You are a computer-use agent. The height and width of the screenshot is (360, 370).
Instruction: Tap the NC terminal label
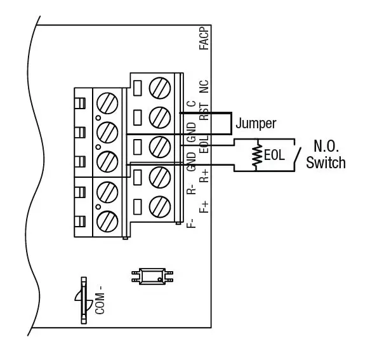tap(204, 87)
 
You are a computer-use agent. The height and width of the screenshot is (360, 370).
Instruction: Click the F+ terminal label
tap(204, 206)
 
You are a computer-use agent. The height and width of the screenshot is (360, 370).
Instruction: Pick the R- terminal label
tap(191, 191)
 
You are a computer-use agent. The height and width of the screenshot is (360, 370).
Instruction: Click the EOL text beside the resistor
tap(274, 155)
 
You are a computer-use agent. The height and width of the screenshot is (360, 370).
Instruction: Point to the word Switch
tap(326, 163)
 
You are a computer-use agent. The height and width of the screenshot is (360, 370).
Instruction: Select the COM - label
tap(99, 300)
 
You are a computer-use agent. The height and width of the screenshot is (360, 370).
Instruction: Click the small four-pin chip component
tap(152, 276)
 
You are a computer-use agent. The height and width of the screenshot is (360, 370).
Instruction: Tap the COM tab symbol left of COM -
tap(83, 300)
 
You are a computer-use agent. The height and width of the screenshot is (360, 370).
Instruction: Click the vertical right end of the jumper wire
tap(230, 124)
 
